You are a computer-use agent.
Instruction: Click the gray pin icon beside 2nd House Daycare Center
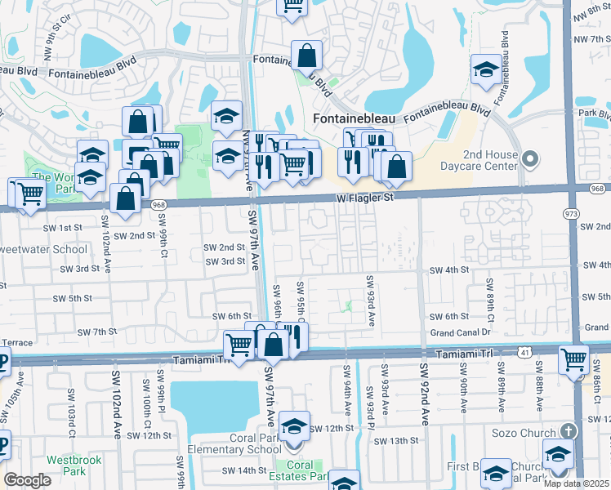(x=531, y=158)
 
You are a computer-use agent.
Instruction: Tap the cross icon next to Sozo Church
(x=569, y=430)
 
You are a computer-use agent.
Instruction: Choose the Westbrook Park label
(x=74, y=465)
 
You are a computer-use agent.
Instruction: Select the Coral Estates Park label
(x=299, y=470)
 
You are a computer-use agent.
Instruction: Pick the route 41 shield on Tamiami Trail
(x=523, y=351)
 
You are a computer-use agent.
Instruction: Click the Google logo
(x=27, y=480)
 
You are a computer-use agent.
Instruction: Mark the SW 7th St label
(x=96, y=332)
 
